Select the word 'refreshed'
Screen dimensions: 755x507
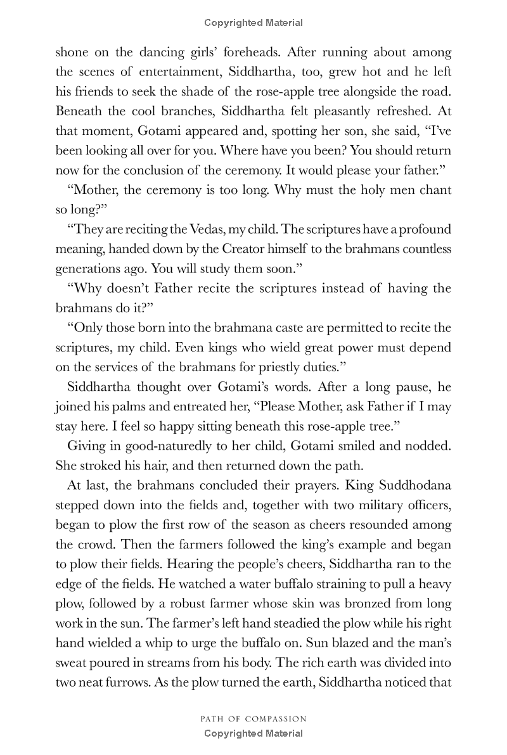[400, 111]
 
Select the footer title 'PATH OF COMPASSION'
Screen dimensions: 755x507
[253, 719]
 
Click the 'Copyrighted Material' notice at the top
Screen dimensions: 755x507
[253, 23]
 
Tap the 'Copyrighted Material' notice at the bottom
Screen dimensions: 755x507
[253, 733]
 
